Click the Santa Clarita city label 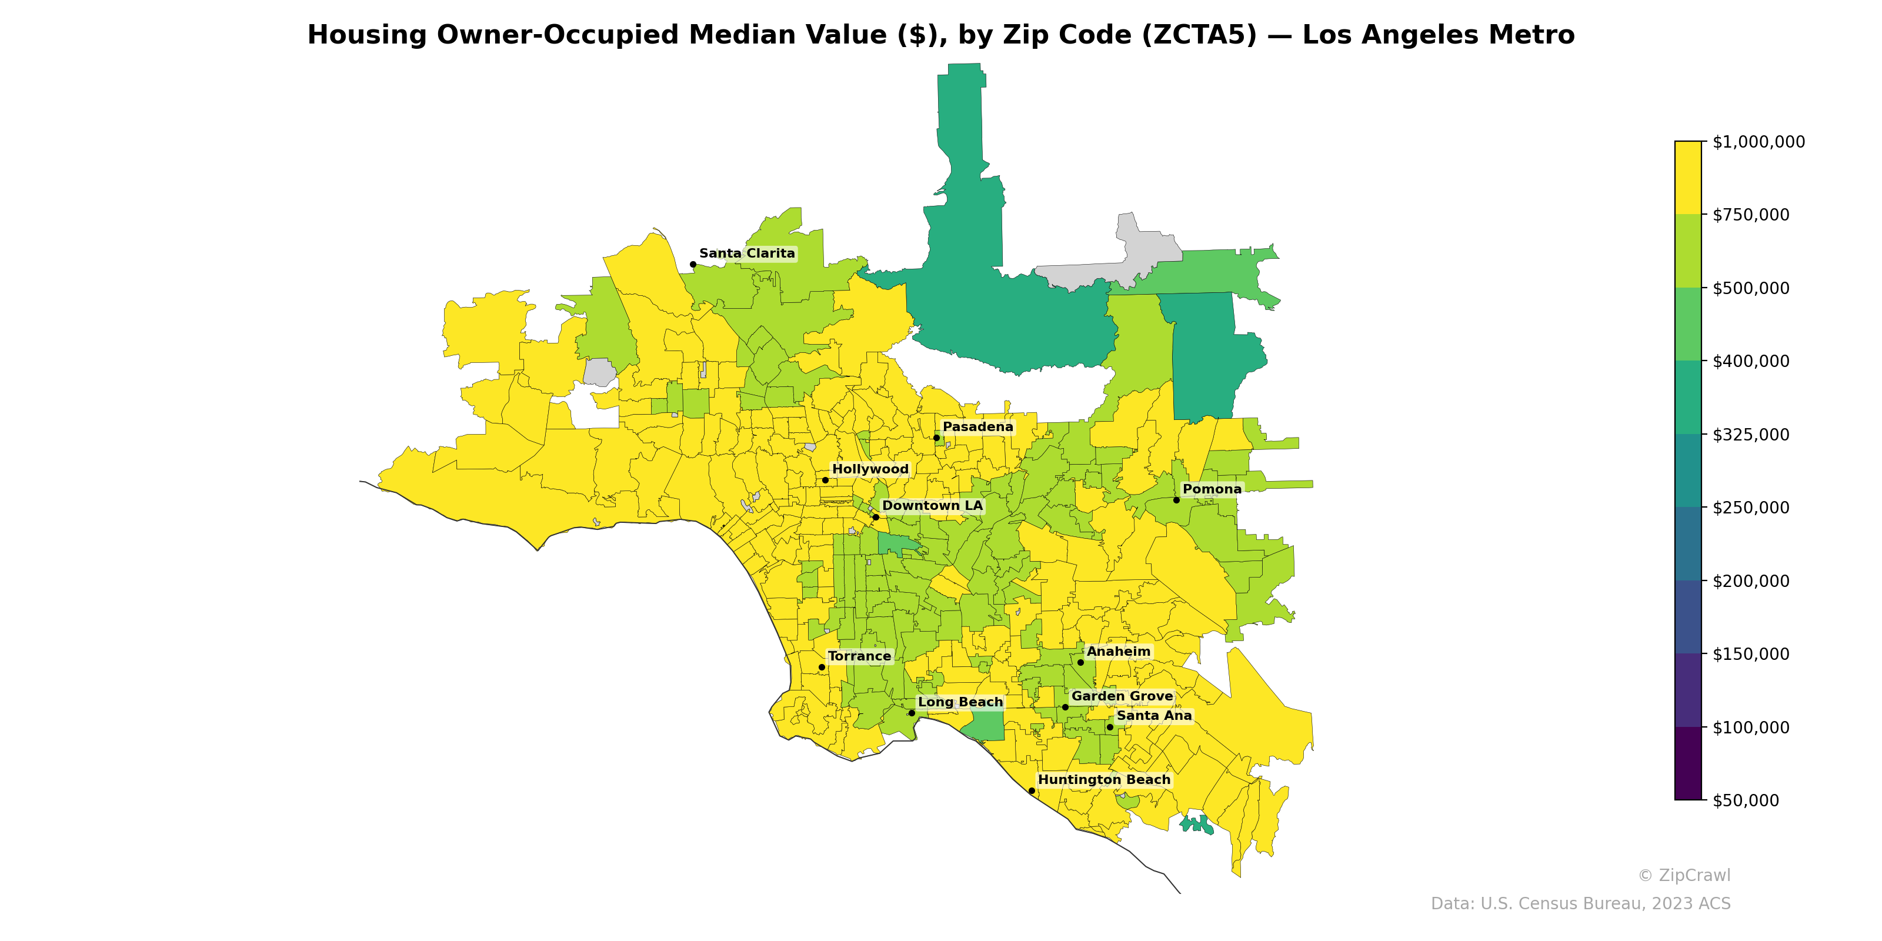pos(747,253)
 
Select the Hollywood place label pos(870,469)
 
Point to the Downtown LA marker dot pos(875,518)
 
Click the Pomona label pos(1212,489)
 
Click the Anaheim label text pos(1118,652)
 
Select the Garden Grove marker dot pos(1065,707)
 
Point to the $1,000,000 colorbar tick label pos(1758,142)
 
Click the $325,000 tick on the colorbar pos(1750,435)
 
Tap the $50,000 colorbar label pos(1746,800)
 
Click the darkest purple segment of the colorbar pos(1688,763)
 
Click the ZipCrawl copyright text pos(1683,875)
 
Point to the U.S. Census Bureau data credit pos(1580,904)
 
